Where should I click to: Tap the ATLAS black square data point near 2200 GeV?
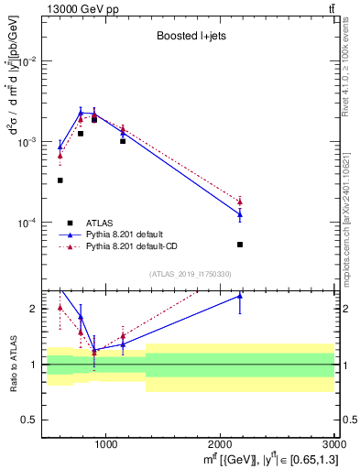239,245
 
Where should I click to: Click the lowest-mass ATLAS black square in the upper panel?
60,180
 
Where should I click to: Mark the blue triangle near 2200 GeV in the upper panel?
239,215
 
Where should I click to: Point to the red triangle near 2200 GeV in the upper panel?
239,202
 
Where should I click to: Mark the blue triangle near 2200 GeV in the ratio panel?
239,296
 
